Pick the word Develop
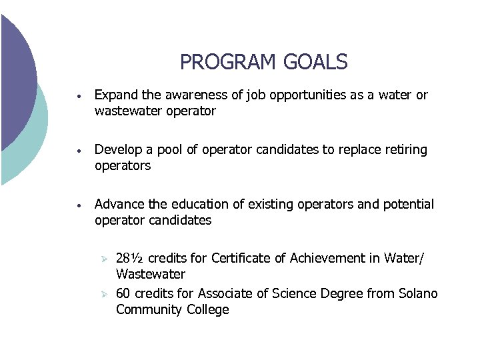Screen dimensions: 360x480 tap(118, 150)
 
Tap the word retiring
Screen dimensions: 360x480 tap(406, 150)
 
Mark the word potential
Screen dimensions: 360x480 tap(409, 204)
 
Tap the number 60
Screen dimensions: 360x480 tap(123, 294)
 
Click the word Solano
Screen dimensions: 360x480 tap(417, 294)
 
